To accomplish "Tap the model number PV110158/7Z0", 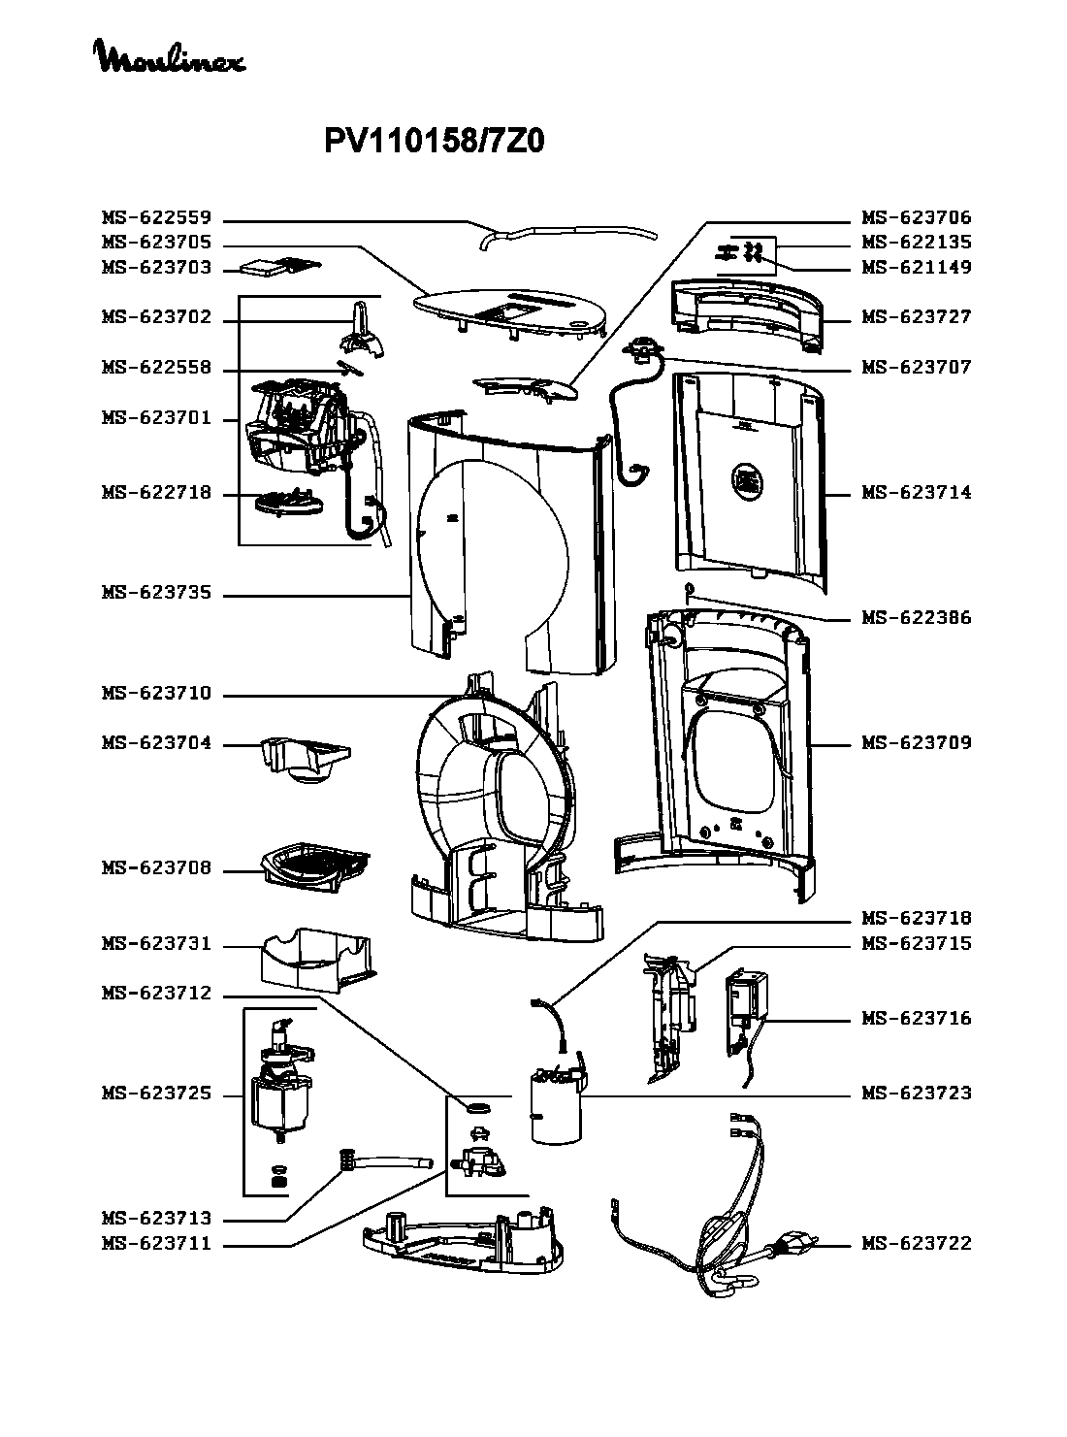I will (434, 143).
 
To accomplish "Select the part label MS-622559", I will (156, 218).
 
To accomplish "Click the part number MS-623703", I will (156, 268).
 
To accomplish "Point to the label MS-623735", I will (156, 594).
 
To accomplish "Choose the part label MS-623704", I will (156, 744).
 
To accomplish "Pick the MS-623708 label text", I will (156, 869).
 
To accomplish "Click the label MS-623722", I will (917, 1244).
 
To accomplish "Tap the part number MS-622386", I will (917, 618).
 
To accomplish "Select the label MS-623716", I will (917, 1019).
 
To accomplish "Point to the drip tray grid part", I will (316, 863).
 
